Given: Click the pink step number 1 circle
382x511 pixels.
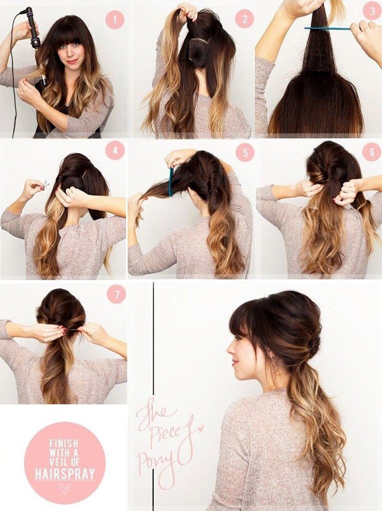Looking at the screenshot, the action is click(115, 19).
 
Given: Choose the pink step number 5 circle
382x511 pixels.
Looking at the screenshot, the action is click(245, 152).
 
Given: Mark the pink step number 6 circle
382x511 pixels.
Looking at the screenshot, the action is click(372, 151).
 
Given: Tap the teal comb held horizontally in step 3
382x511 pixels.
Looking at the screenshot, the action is click(327, 29).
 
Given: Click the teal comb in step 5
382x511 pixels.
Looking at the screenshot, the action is click(171, 181).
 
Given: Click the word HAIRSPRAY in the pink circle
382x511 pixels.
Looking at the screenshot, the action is click(65, 473).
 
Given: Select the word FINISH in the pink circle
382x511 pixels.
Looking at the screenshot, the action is click(63, 443).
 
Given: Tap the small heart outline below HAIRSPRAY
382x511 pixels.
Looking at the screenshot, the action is click(64, 488).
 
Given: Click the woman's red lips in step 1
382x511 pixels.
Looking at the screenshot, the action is click(72, 61).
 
